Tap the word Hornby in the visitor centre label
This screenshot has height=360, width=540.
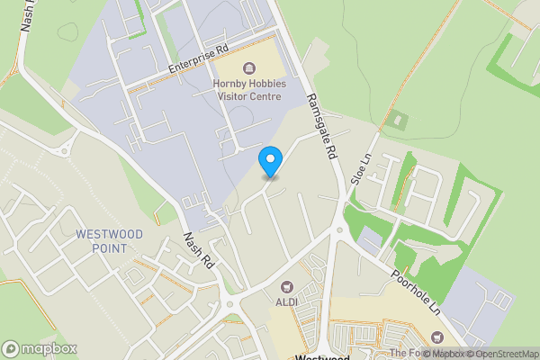pyautogui.click(x=229, y=85)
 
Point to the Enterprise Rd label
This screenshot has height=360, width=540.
pyautogui.click(x=198, y=61)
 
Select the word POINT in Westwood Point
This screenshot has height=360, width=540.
pyautogui.click(x=110, y=247)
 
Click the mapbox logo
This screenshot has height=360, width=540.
pyautogui.click(x=40, y=348)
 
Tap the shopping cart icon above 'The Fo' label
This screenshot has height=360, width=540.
pyautogui.click(x=438, y=337)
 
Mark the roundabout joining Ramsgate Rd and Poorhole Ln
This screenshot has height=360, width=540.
pyautogui.click(x=338, y=232)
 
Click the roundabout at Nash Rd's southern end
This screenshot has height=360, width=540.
pyautogui.click(x=230, y=303)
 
